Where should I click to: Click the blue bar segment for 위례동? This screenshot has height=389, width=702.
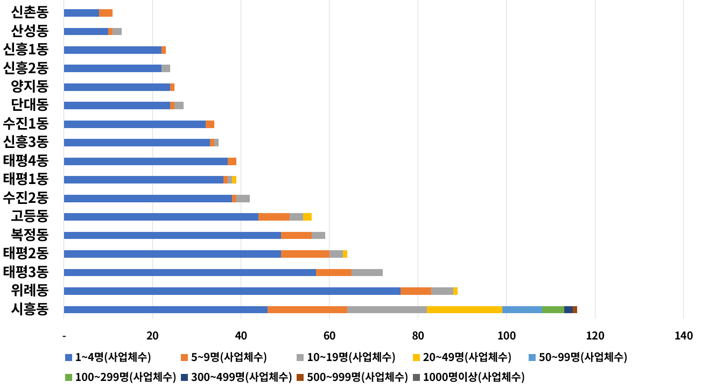(231, 291)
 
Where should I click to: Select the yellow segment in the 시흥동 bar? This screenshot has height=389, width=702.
(464, 309)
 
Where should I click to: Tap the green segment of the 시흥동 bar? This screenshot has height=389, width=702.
(553, 309)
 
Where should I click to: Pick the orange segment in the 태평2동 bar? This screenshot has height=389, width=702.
(305, 254)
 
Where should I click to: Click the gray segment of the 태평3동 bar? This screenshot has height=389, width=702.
(367, 272)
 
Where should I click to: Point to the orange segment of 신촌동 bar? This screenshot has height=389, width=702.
(106, 13)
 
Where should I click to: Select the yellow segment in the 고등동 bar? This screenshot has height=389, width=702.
(307, 217)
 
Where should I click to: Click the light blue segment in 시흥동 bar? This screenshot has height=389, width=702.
(522, 309)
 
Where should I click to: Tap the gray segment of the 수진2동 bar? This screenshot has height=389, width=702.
(243, 199)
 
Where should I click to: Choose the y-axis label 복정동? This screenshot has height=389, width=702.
(30, 235)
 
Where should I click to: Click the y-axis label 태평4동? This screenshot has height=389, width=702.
(26, 161)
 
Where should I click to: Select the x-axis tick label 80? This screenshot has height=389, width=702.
(417, 336)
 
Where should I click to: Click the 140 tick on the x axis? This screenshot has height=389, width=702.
(683, 336)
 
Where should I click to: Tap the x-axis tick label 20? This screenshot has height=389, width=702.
(152, 336)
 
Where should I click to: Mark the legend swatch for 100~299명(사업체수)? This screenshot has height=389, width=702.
(68, 377)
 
